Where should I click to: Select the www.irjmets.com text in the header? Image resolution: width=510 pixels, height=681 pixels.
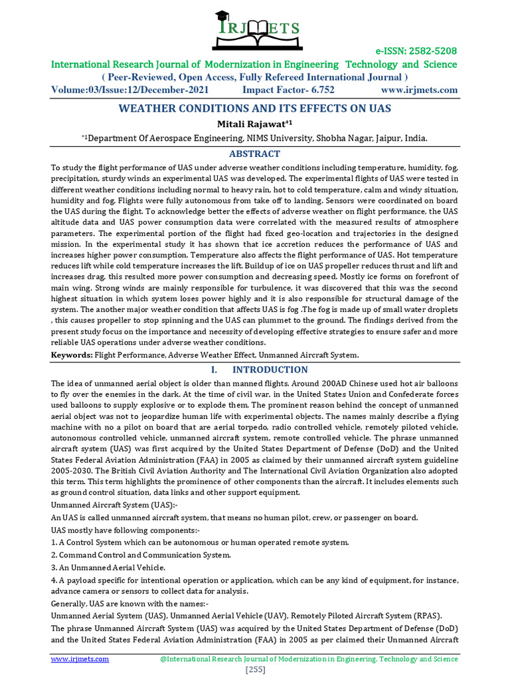[x=419, y=90]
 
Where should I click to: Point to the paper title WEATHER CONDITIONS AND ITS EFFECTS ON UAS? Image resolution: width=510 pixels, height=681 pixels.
[x=255, y=108]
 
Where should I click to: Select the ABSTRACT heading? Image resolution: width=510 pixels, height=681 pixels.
[x=255, y=154]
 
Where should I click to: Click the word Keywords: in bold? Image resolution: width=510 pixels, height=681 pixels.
[x=73, y=355]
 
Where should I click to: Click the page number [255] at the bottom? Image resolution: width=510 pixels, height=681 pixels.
[x=255, y=670]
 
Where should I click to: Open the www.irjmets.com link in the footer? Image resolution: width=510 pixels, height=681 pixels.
[x=80, y=659]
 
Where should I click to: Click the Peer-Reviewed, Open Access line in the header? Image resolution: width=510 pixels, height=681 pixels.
[x=255, y=77]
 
